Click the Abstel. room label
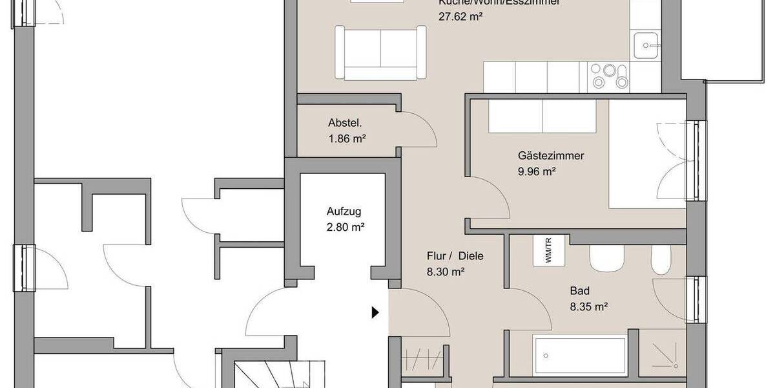pyautogui.click(x=345, y=124)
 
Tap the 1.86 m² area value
pyautogui.click(x=347, y=138)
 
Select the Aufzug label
pyautogui.click(x=344, y=211)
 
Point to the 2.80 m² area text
pyautogui.click(x=346, y=227)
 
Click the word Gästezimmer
pyautogui.click(x=551, y=156)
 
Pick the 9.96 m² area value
pyautogui.click(x=537, y=171)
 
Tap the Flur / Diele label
pyautogui.click(x=455, y=256)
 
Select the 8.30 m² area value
pyautogui.click(x=446, y=272)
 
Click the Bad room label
pyautogui.click(x=580, y=291)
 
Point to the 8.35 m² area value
pyautogui.click(x=588, y=307)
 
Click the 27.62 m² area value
pyautogui.click(x=461, y=17)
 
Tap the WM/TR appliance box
pyautogui.click(x=548, y=250)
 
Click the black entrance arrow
pyautogui.click(x=375, y=313)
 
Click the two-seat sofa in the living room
pyautogui.click(x=380, y=53)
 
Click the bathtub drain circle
pyautogui.click(x=546, y=355)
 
